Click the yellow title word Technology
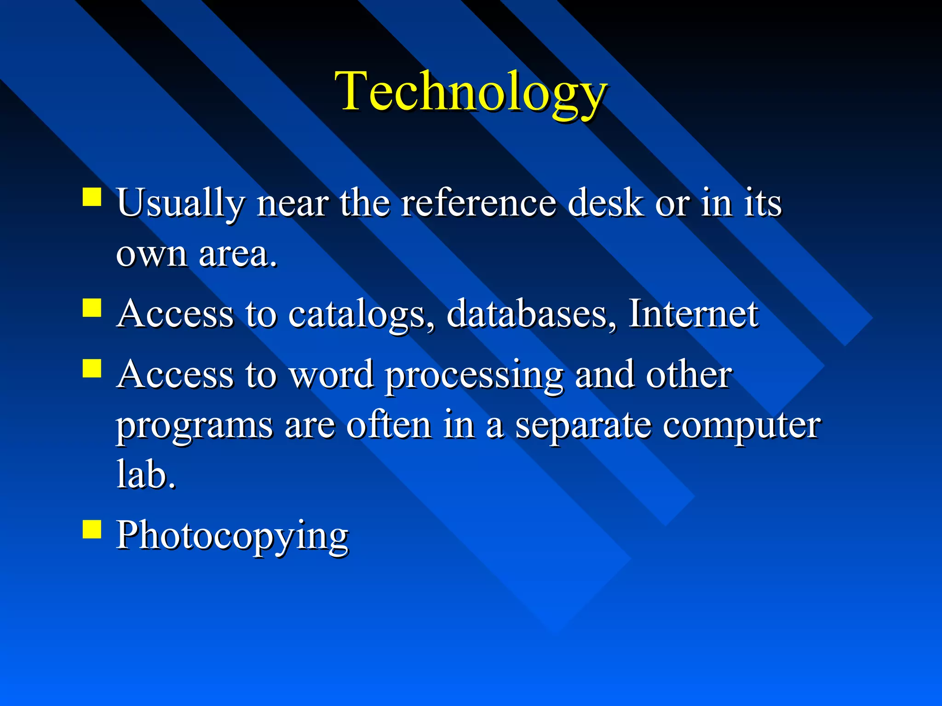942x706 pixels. pyautogui.click(x=471, y=92)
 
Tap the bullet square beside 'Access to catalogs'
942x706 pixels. pyautogui.click(x=92, y=308)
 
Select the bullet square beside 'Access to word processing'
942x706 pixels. pyautogui.click(x=92, y=368)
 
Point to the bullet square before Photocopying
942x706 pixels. pyautogui.click(x=92, y=529)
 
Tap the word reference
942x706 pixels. pyautogui.click(x=478, y=203)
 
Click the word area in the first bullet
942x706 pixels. pyautogui.click(x=238, y=254)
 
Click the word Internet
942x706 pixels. pyautogui.click(x=693, y=313)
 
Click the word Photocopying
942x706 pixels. pyautogui.click(x=232, y=536)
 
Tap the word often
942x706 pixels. pyautogui.click(x=389, y=425)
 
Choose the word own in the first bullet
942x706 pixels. pyautogui.click(x=151, y=255)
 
